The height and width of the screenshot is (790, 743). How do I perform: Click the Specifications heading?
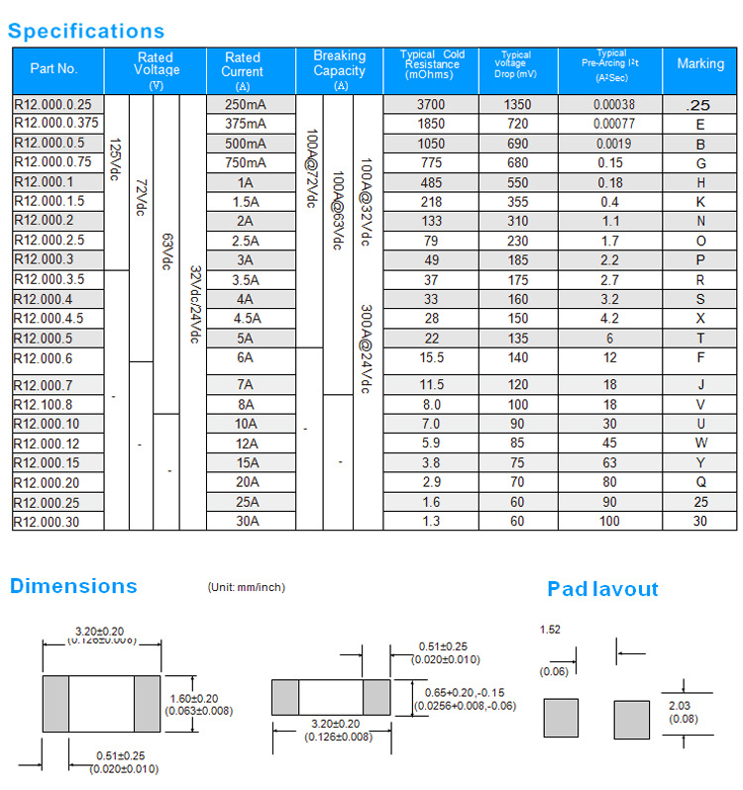coord(86,31)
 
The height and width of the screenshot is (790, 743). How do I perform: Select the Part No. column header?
coord(53,68)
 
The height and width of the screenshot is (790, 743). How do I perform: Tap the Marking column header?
coord(700,63)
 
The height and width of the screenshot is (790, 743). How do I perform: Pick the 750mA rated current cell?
coord(246,162)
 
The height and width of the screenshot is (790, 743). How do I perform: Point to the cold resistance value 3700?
coord(431,104)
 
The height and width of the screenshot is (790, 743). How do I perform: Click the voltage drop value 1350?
coord(517,104)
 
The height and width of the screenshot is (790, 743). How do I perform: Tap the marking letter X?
coord(700,318)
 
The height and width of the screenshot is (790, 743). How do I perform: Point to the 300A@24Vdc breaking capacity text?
coord(366,347)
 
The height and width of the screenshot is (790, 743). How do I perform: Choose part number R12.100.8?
coord(44,405)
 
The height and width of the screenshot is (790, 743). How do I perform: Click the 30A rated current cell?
coord(246,521)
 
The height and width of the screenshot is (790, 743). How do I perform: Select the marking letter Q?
coord(700,482)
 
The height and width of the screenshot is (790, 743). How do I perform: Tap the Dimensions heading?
coord(73,586)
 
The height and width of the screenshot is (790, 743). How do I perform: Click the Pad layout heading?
coord(602,589)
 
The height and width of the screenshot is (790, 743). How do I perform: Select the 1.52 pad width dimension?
coord(551,630)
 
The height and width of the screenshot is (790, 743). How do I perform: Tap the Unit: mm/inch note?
coord(246,587)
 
